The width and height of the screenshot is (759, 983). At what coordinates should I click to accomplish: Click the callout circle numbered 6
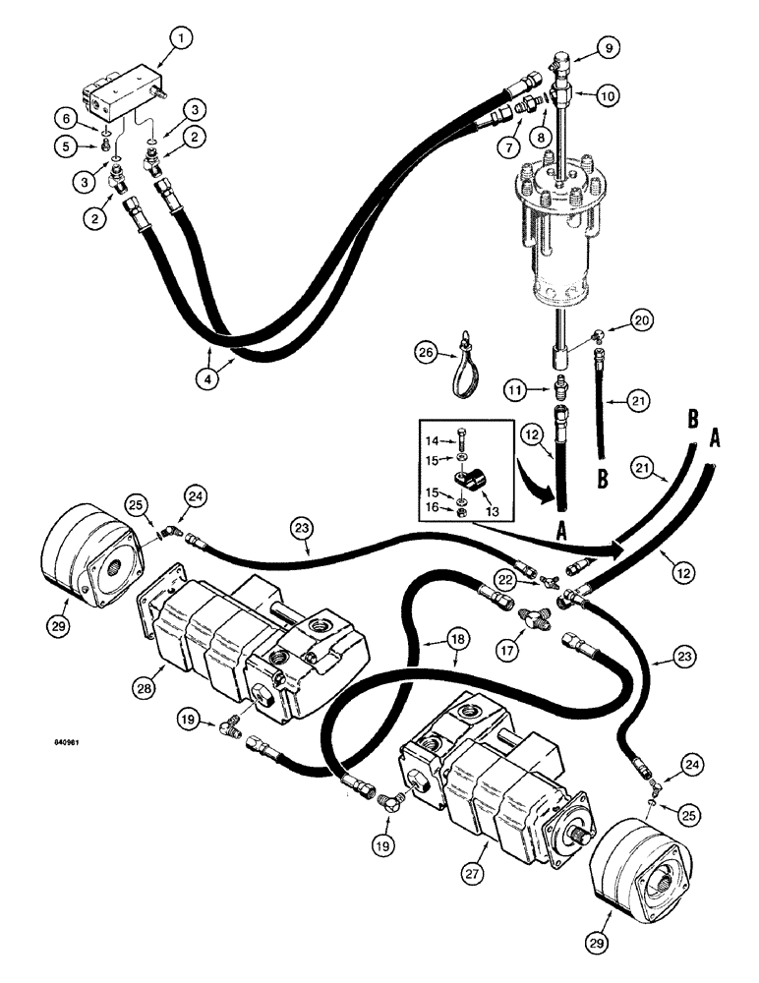(x=68, y=118)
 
